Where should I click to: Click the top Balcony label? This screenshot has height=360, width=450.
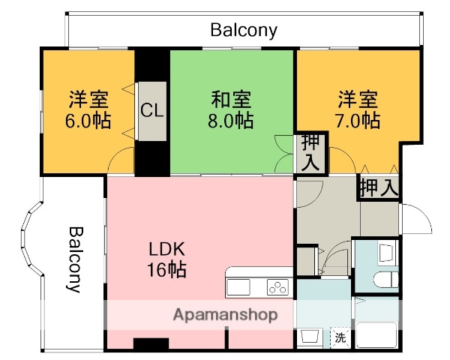[244, 31]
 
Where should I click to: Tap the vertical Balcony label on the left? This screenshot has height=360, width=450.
[76, 259]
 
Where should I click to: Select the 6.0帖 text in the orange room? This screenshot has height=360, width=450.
[88, 120]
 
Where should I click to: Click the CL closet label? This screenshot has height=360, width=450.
[152, 111]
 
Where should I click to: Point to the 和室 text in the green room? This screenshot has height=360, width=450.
[231, 99]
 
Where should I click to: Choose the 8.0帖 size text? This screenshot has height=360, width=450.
[231, 120]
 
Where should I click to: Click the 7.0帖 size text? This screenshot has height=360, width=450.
[357, 120]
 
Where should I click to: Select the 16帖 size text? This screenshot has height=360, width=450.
[166, 269]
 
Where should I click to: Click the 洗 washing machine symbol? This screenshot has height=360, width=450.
[340, 337]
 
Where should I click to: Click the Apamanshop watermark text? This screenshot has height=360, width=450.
[225, 314]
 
